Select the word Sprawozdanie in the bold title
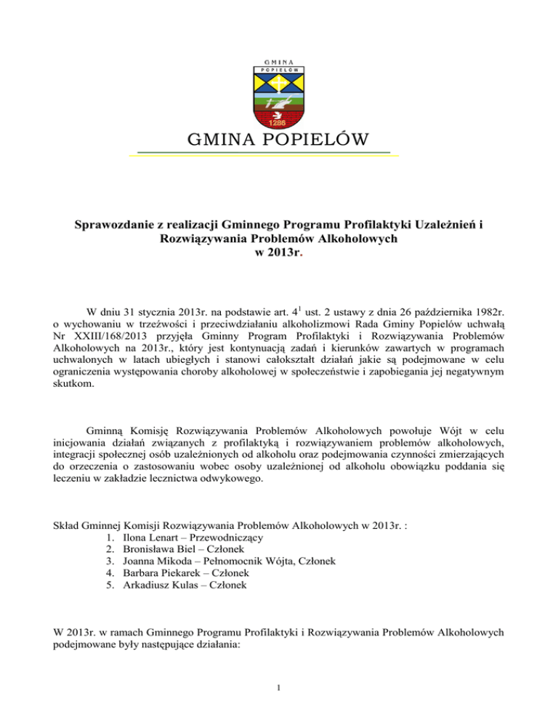pyautogui.click(x=117, y=227)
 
